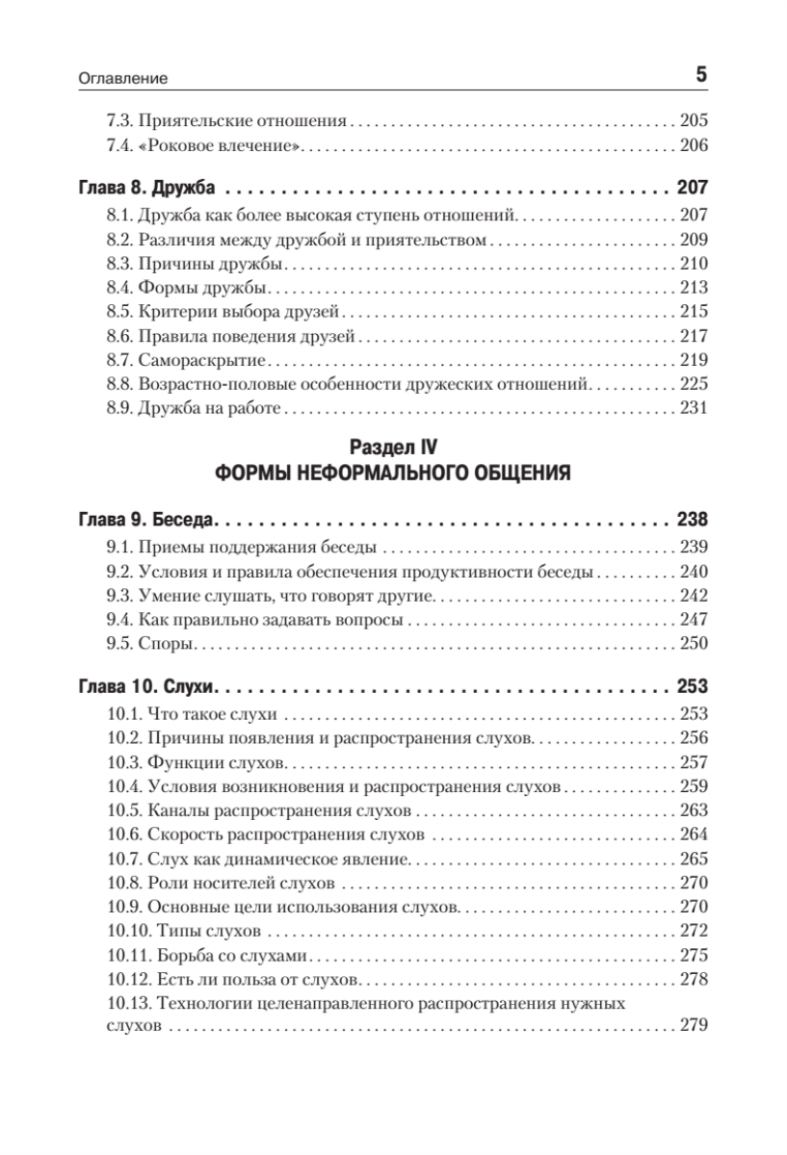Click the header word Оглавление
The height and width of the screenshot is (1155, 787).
[x=123, y=77]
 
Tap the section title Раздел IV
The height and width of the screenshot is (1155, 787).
[x=393, y=447]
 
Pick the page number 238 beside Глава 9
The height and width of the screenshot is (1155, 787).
[x=692, y=521]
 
